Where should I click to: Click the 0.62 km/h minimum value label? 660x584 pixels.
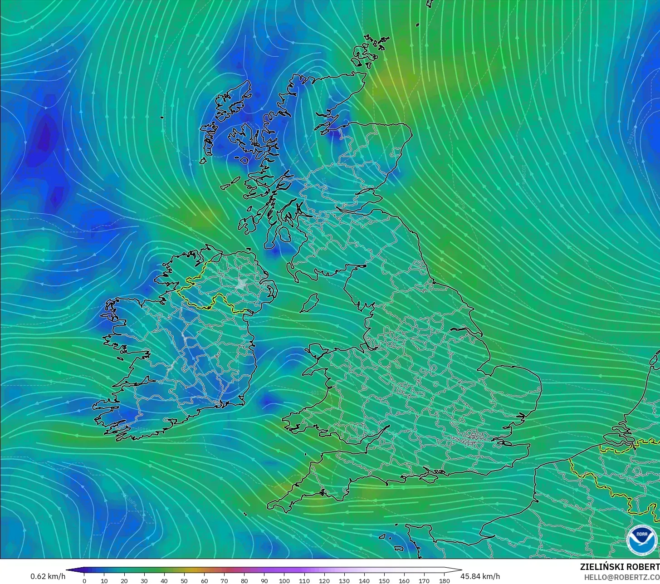48,576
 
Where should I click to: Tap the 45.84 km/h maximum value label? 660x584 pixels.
480,576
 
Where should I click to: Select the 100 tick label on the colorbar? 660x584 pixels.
284,581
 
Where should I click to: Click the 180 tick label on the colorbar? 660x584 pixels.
445,581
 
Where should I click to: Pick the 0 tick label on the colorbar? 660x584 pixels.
84,581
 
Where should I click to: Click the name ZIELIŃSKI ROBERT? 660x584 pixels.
620,567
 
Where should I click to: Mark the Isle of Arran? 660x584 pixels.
284,235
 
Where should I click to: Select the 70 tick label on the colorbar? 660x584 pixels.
224,581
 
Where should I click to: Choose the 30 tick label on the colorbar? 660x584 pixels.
144,581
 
